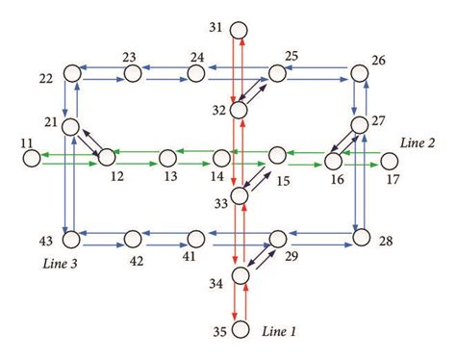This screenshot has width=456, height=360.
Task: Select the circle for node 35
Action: pyautogui.click(x=239, y=331)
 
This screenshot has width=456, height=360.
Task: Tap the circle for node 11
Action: pyautogui.click(x=32, y=156)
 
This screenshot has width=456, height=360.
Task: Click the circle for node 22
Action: pyautogui.click(x=70, y=72)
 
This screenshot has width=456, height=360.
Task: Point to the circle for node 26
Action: pyautogui.click(x=361, y=72)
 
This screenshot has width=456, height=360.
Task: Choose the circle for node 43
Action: pyautogui.click(x=70, y=237)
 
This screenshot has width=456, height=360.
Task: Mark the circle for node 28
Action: pyautogui.click(x=361, y=237)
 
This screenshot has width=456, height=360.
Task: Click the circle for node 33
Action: pyautogui.click(x=239, y=196)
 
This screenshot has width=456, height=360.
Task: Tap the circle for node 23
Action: pyautogui.click(x=133, y=72)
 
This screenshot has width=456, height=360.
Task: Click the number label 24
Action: pyautogui.click(x=199, y=57)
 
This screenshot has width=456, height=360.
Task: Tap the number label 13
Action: pyautogui.click(x=170, y=178)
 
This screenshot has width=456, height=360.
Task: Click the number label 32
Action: pyautogui.click(x=218, y=112)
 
